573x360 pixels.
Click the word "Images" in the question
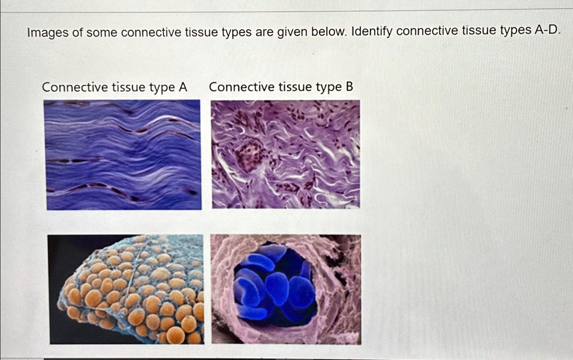click(48, 33)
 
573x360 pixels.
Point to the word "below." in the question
click(329, 32)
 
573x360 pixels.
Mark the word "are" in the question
click(264, 32)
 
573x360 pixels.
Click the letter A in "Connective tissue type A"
click(182, 88)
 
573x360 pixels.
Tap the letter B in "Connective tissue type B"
click(349, 87)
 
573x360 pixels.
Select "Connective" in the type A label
click(74, 88)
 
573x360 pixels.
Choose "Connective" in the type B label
click(241, 87)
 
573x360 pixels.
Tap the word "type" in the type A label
click(161, 88)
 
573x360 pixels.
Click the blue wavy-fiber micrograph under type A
click(123, 155)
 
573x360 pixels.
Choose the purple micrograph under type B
click(285, 154)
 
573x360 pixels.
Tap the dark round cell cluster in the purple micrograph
click(248, 155)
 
